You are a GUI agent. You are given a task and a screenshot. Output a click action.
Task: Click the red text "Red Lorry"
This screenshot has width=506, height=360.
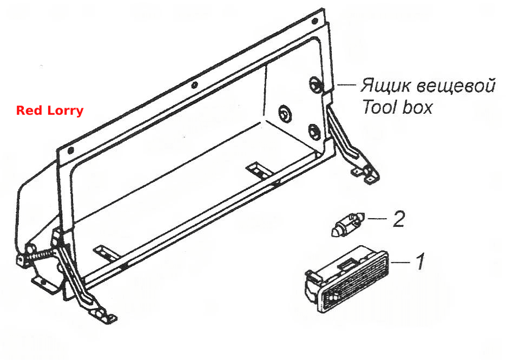[50, 110]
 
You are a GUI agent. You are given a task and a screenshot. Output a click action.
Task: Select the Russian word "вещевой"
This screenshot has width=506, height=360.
[456, 86]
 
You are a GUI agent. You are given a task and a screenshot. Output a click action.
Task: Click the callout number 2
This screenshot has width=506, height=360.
[398, 219]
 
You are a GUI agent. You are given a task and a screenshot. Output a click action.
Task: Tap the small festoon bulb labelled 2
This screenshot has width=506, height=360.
[348, 224]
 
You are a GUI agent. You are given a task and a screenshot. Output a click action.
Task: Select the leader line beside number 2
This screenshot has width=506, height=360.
[377, 219]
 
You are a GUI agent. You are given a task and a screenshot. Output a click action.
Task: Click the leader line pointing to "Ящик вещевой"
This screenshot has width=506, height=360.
[346, 85]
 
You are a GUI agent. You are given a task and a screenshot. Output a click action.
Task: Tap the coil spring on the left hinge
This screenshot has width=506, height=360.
[41, 255]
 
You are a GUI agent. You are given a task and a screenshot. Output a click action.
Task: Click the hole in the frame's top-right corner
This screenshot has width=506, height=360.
[314, 22]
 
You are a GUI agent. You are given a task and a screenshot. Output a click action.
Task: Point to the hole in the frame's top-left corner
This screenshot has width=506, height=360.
[71, 150]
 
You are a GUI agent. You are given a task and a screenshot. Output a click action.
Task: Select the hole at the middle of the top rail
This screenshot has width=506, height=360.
[194, 85]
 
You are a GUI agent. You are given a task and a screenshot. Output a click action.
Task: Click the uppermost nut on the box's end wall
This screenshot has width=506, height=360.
[314, 84]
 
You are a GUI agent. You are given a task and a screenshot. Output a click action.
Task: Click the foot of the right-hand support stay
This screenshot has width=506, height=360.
[367, 174]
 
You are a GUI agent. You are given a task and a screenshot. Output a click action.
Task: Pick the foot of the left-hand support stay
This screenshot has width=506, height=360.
[103, 315]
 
